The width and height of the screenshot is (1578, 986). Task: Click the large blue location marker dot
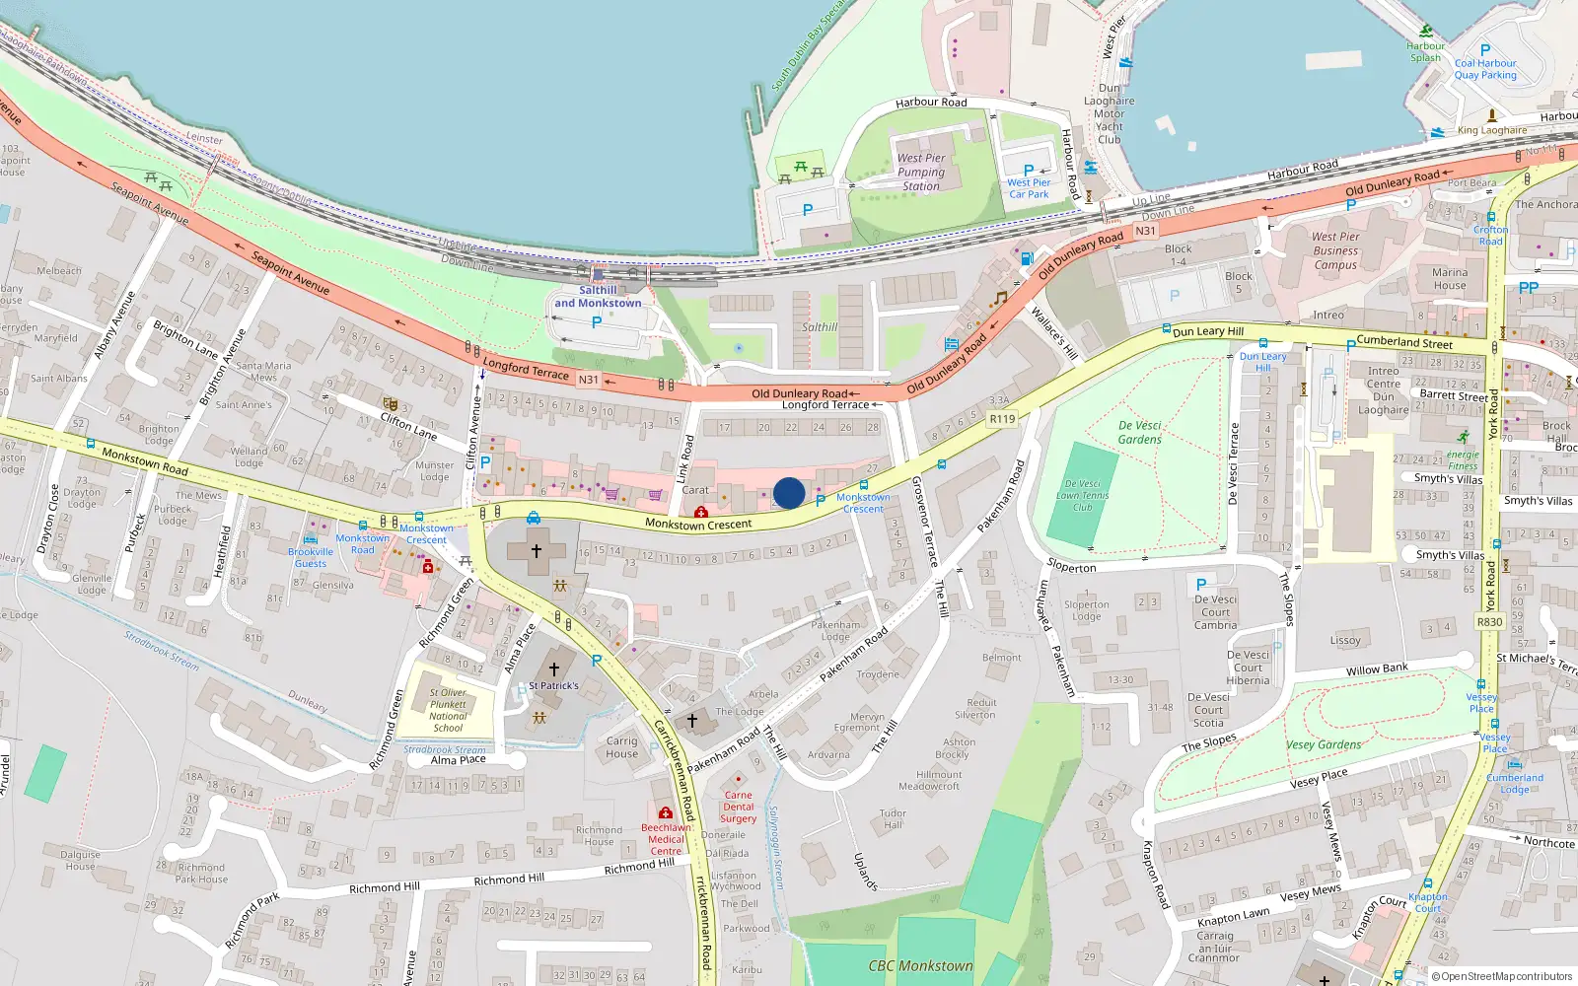point(789,493)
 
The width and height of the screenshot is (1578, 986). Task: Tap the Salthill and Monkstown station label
point(598,297)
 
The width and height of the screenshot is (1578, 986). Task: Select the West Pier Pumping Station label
point(920,172)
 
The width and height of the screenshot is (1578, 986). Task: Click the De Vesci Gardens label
point(1139,432)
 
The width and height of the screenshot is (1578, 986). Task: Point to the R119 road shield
point(1002,419)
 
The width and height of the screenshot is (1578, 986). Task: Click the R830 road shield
point(1489,622)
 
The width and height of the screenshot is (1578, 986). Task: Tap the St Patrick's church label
point(553,685)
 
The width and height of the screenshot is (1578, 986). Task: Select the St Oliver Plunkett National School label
point(448,710)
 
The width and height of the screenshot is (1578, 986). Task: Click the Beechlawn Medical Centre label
point(666,839)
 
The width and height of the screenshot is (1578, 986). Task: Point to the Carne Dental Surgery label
point(738,807)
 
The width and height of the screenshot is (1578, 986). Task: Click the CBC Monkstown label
point(920,966)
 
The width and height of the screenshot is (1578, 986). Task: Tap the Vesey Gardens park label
point(1324,744)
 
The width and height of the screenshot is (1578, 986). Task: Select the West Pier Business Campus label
point(1335,250)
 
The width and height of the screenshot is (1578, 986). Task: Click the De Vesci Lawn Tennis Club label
point(1083,496)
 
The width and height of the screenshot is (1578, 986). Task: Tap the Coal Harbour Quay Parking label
point(1485,69)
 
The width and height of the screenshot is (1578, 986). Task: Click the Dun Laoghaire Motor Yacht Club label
point(1110,113)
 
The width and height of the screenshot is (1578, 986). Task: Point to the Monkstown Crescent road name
point(698,524)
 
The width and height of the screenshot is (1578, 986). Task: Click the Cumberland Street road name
point(1403,342)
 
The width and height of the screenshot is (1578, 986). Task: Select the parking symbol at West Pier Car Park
point(1029,170)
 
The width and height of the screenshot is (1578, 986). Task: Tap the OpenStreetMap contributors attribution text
point(1501,976)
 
